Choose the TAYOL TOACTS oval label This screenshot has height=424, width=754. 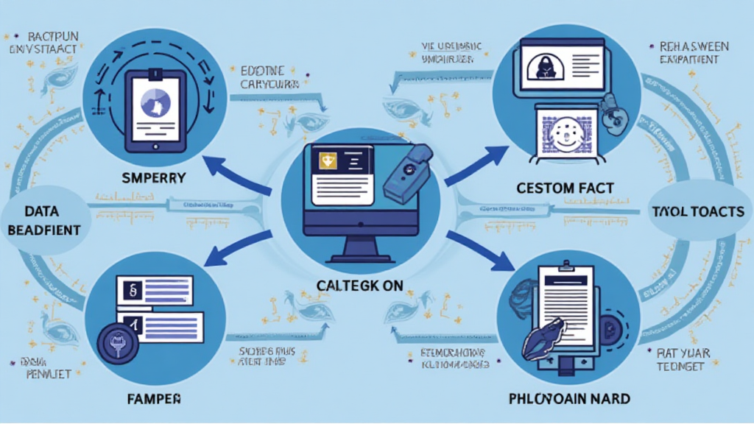[699, 212]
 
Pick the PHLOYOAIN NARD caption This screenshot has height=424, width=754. [569, 399]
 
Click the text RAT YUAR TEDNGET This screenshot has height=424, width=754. [684, 360]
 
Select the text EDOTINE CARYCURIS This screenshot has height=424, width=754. [269, 78]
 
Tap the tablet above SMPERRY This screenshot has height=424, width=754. [155, 107]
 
